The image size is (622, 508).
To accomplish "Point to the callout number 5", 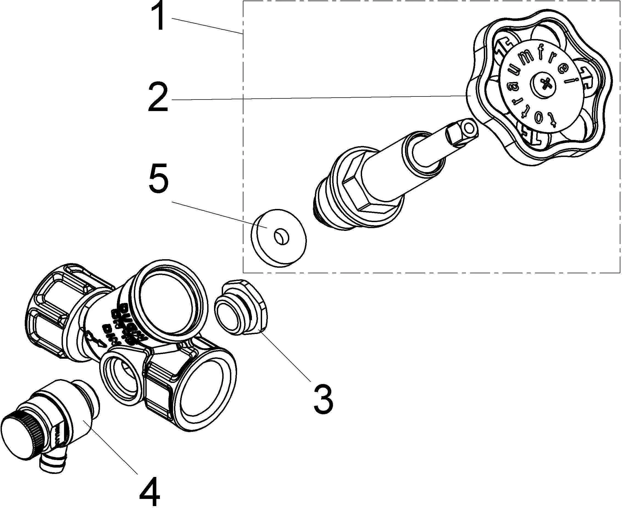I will pos(158,178).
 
